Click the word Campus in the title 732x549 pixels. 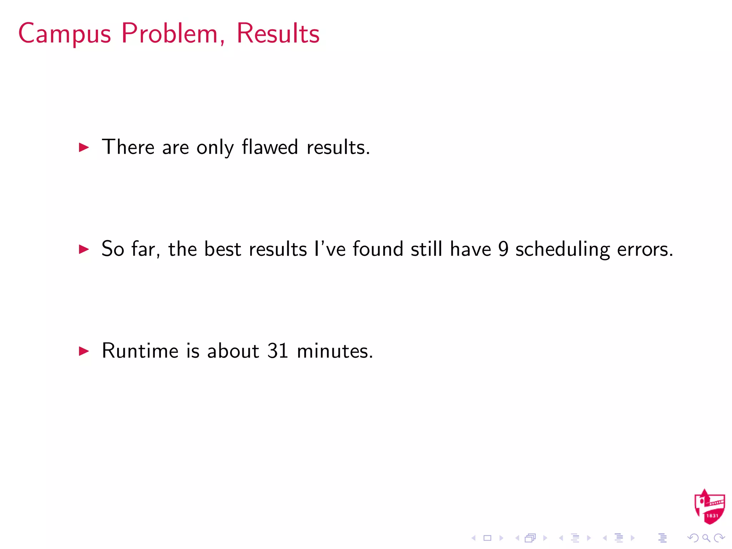point(65,34)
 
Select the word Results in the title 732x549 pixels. point(278,33)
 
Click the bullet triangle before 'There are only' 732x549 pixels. point(84,147)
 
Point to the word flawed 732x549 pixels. point(270,147)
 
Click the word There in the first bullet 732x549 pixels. point(128,147)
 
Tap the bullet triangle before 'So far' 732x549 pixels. point(84,249)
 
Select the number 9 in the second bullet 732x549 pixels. point(503,249)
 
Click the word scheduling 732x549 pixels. point(562,249)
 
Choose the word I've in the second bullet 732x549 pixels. point(330,249)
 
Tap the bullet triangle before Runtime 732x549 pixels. point(84,351)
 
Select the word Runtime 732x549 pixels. point(140,351)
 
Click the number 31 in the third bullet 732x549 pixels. point(278,351)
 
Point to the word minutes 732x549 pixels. point(335,351)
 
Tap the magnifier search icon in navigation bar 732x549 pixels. point(706,538)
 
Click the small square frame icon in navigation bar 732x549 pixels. point(488,538)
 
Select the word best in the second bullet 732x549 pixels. point(222,249)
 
